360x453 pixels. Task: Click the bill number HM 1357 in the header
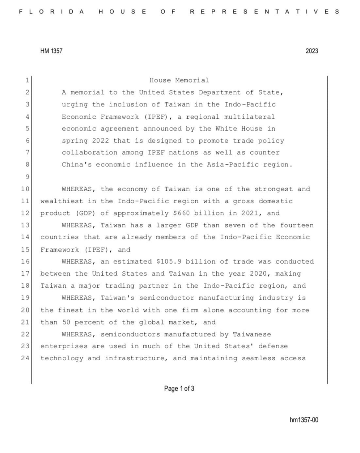point(51,51)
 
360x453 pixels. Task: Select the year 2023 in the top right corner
point(312,51)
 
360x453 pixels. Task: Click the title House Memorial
point(179,80)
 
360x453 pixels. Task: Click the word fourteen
point(297,225)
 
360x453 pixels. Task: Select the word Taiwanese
point(252,334)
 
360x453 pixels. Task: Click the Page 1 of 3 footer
point(179,389)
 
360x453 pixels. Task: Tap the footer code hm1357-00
point(304,420)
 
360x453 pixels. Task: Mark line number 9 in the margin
point(27,177)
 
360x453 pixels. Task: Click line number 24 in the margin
point(25,358)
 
